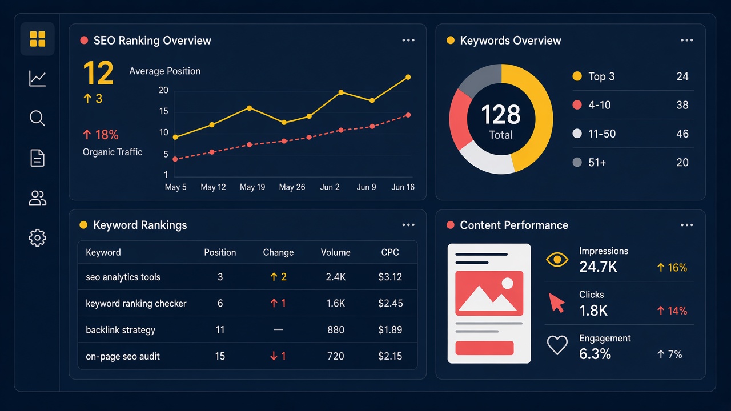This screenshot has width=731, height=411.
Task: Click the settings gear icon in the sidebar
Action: [37, 238]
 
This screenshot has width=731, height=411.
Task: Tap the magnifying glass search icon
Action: [37, 118]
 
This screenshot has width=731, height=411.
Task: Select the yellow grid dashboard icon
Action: [38, 39]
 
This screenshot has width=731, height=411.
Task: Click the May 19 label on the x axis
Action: [252, 187]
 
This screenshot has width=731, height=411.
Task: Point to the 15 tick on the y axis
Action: [163, 111]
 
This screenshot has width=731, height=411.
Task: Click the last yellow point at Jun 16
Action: [408, 77]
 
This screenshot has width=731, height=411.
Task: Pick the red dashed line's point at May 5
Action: [175, 159]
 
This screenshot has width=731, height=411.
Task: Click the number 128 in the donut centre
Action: [501, 115]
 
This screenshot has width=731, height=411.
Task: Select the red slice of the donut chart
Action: [460, 119]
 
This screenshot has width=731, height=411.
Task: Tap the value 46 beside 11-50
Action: [682, 134]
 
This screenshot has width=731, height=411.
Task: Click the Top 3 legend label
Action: [601, 76]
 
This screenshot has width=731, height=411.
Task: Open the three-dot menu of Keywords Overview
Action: [686, 40]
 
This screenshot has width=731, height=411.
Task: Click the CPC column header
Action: [390, 252]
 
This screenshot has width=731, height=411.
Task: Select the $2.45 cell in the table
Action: [390, 303]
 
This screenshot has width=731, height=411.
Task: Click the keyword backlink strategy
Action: [121, 330]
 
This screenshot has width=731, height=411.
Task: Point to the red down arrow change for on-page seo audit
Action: [274, 356]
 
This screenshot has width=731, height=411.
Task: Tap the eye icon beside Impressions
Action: [557, 260]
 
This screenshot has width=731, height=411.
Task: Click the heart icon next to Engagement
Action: [557, 345]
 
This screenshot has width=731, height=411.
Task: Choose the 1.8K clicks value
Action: [593, 311]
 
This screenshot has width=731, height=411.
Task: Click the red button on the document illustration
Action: [484, 348]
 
